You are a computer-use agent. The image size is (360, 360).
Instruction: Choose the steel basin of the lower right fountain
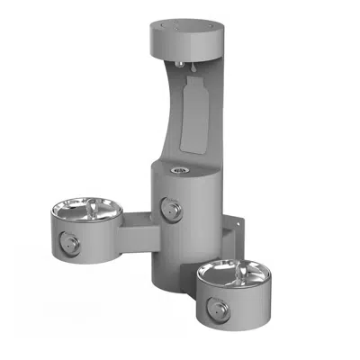[228, 274]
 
